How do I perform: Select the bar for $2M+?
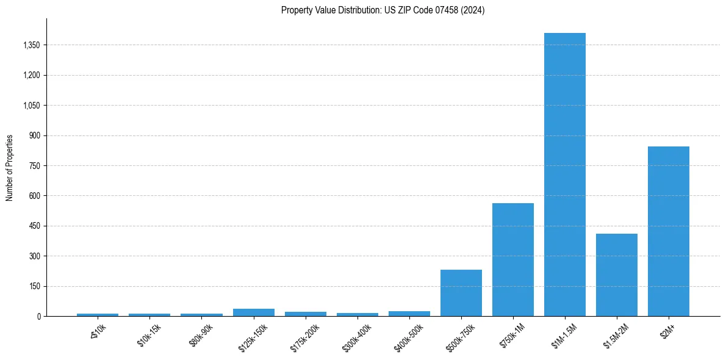pyautogui.click(x=669, y=231)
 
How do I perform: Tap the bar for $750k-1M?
pyautogui.click(x=513, y=259)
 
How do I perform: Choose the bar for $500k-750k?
pyautogui.click(x=461, y=293)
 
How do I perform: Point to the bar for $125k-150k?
pyautogui.click(x=254, y=312)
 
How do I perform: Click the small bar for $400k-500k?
pyautogui.click(x=409, y=314)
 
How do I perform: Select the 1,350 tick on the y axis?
pyautogui.click(x=31, y=45)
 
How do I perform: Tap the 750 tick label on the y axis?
pyautogui.click(x=34, y=166)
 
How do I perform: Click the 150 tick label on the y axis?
pyautogui.click(x=34, y=286)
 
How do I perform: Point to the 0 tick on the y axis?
pyautogui.click(x=38, y=317)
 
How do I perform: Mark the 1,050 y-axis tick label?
pyautogui.click(x=31, y=106)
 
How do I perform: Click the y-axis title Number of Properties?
pyautogui.click(x=10, y=168)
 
